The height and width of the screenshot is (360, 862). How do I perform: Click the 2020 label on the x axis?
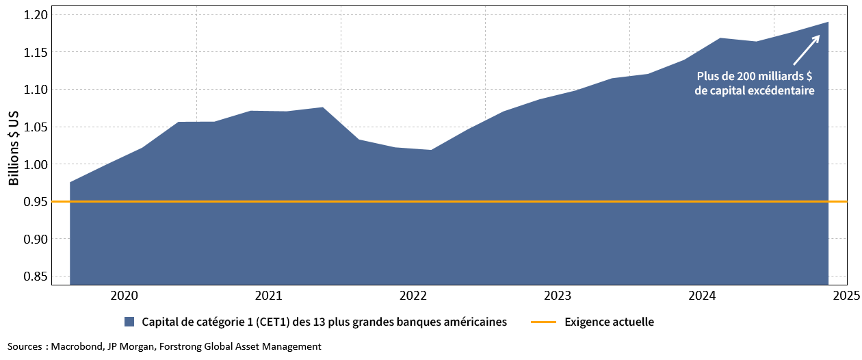(124, 296)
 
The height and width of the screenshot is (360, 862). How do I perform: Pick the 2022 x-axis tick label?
(413, 296)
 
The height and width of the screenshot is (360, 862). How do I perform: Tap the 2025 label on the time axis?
(846, 296)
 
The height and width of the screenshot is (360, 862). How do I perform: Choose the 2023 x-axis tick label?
(558, 296)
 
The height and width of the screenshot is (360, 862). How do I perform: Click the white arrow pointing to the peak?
(807, 49)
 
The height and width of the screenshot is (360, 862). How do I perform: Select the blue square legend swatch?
(129, 322)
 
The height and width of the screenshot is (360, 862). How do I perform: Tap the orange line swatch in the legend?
(543, 322)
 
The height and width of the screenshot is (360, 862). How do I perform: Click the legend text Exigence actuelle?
(610, 322)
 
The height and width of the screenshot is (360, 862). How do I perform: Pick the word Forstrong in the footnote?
(181, 347)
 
